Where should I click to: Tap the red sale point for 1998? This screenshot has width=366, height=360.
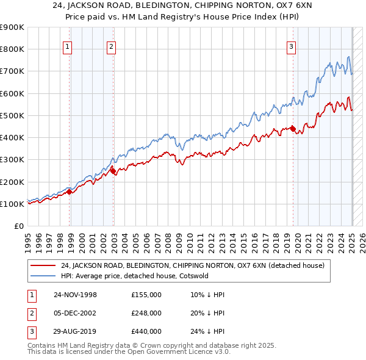(x=70, y=192)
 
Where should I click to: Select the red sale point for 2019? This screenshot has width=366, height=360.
(x=293, y=129)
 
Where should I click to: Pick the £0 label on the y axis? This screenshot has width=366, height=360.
(x=18, y=226)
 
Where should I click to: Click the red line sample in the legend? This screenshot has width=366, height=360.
(x=43, y=265)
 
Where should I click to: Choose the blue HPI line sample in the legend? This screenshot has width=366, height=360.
(x=43, y=275)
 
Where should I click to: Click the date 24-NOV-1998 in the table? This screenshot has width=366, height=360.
(x=75, y=295)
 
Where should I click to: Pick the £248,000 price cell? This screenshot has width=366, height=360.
(x=146, y=313)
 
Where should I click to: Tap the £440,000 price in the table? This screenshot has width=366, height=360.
(x=146, y=331)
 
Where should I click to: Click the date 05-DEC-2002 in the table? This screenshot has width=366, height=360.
(x=75, y=313)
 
